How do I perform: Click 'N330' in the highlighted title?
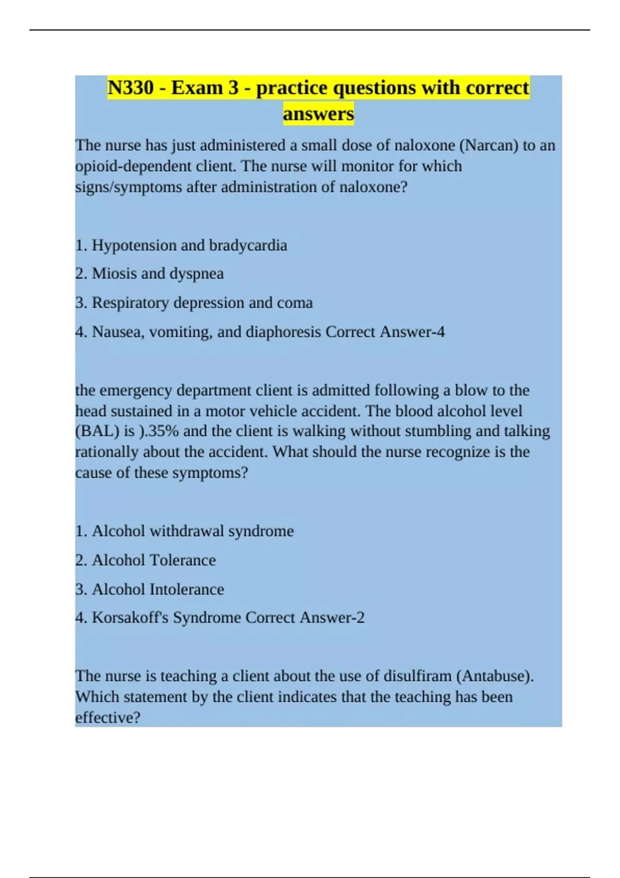pos(131,88)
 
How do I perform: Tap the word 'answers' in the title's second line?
pos(318,114)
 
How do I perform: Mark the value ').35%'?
pos(159,431)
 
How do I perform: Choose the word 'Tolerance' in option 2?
pos(183,560)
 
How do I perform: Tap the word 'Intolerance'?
pos(187,589)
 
